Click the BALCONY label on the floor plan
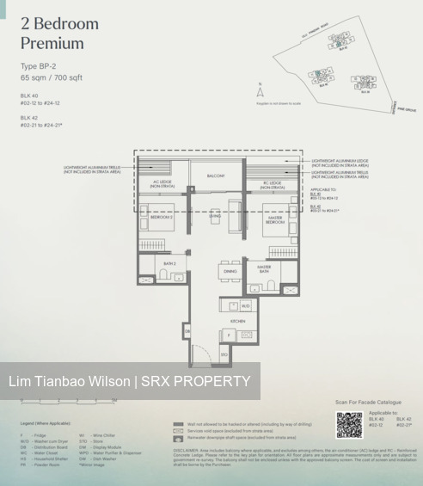(x=216, y=175)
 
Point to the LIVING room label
(x=216, y=218)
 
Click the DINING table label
(x=230, y=271)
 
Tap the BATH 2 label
(x=170, y=263)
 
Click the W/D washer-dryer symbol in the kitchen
(x=245, y=305)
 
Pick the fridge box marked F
(x=229, y=335)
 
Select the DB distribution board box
(x=187, y=330)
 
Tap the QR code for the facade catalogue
(x=349, y=425)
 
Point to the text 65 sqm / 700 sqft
(x=51, y=77)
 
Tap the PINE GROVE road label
(x=405, y=110)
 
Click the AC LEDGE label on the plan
(x=162, y=183)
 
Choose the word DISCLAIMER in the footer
(x=187, y=449)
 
